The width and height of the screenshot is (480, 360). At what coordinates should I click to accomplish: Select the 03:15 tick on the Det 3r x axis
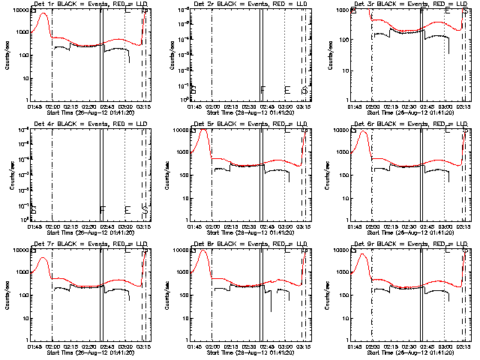click(x=464, y=106)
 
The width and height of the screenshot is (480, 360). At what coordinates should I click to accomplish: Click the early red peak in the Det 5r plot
click(x=202, y=130)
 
